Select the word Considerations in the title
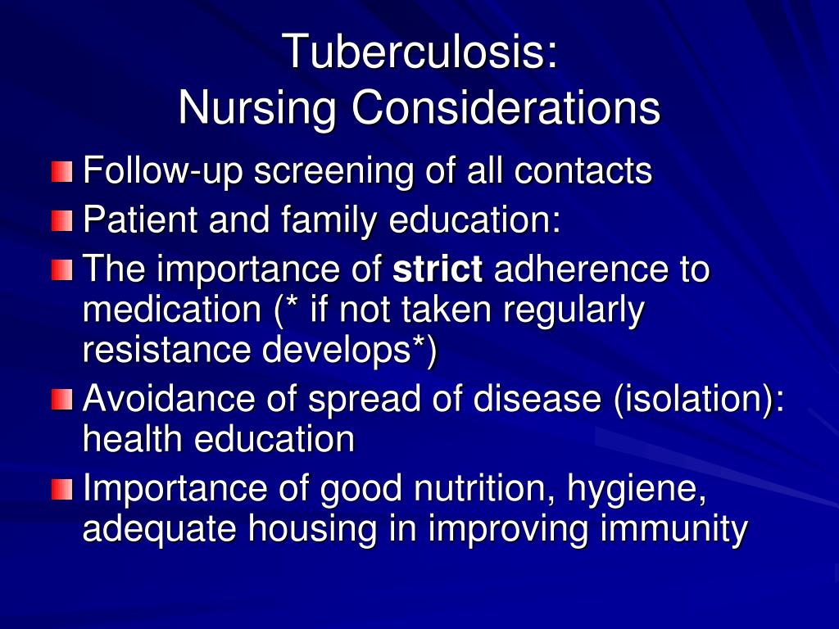[x=506, y=108]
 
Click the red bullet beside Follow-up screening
[x=62, y=173]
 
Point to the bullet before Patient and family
[x=62, y=221]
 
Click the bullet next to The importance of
[x=62, y=269]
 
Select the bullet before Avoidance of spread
[x=62, y=400]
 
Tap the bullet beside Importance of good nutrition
[x=62, y=490]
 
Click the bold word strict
[x=438, y=269]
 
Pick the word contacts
[x=583, y=172]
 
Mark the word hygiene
[x=647, y=490]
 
